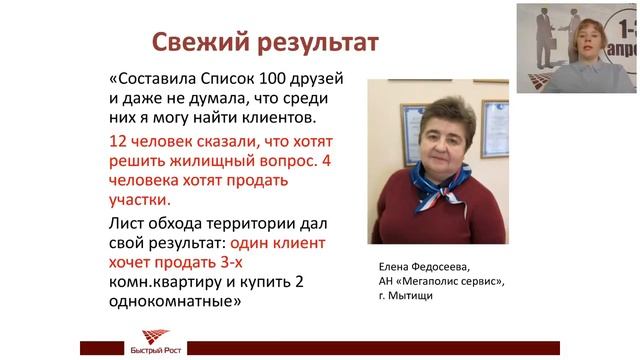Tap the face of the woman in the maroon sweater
436,130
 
